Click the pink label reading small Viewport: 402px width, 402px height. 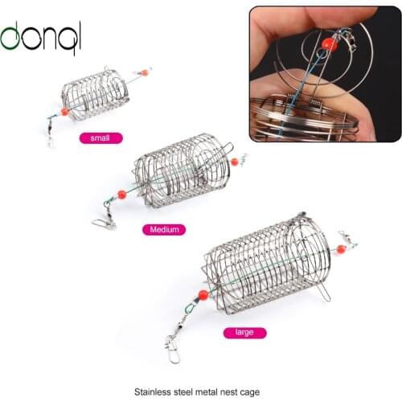(x=100, y=137)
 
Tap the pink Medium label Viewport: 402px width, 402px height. (x=164, y=230)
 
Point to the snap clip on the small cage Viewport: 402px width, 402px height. (x=51, y=137)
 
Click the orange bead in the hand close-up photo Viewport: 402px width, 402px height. (x=330, y=44)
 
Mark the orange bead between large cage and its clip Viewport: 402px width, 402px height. (x=203, y=295)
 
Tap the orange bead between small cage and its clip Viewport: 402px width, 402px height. (x=65, y=111)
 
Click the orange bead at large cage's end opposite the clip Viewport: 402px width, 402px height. (x=341, y=249)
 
